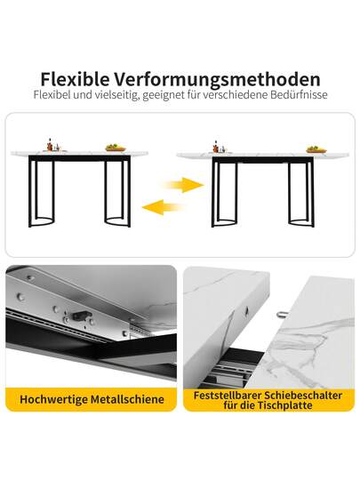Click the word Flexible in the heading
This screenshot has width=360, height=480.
(x=75, y=79)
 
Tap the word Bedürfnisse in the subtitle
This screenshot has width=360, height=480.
(x=299, y=94)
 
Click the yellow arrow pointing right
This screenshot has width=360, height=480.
(x=184, y=185)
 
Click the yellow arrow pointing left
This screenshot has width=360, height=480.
(x=163, y=207)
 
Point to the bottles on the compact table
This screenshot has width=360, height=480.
(x=52, y=145)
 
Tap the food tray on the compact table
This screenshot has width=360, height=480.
(x=116, y=148)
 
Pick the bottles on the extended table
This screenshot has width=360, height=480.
(x=219, y=147)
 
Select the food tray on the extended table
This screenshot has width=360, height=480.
(x=316, y=148)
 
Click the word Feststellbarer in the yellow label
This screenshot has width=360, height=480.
(x=227, y=395)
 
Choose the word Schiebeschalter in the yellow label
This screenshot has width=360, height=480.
(x=303, y=395)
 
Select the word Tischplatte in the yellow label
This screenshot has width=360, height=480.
(x=285, y=405)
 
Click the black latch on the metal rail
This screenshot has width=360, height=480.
(x=80, y=315)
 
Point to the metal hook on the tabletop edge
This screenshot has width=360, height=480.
(x=281, y=315)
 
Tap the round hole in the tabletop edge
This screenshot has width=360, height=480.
(x=246, y=311)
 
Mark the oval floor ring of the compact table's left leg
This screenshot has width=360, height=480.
(x=41, y=223)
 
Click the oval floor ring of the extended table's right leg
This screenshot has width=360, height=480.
(x=300, y=223)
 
